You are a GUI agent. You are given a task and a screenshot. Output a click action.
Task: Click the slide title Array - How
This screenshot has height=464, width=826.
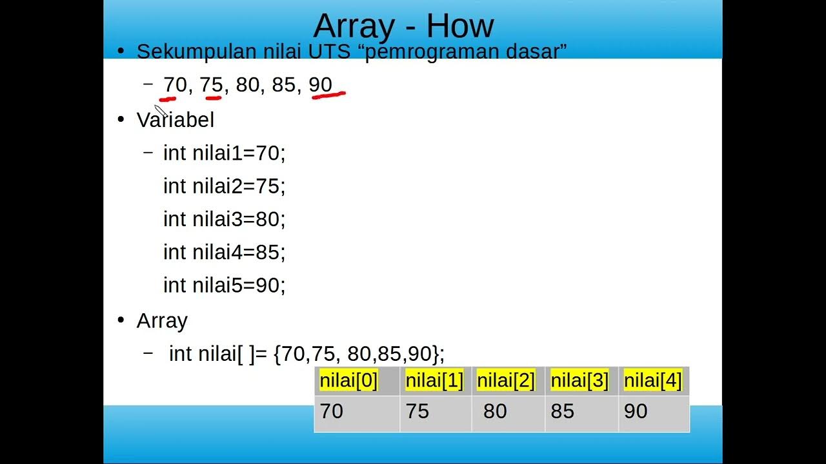click(403, 26)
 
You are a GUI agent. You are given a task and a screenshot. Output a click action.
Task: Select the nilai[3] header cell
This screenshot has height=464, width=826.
click(579, 381)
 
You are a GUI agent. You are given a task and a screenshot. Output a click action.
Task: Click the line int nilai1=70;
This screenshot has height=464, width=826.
click(224, 153)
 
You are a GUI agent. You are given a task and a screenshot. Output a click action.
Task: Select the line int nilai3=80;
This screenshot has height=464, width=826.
click(224, 219)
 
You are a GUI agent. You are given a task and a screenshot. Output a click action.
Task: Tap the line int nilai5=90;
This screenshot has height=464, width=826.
click(224, 285)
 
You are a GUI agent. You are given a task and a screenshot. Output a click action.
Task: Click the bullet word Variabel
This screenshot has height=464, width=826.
click(176, 120)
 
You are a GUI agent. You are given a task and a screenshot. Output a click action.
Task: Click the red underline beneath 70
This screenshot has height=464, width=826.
click(168, 99)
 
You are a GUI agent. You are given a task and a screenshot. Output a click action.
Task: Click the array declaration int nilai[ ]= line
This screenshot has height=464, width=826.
click(307, 353)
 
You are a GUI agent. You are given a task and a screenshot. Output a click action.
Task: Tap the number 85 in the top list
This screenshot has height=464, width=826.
click(283, 84)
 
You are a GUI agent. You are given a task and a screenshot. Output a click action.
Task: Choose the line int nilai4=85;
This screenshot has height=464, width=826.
click(224, 252)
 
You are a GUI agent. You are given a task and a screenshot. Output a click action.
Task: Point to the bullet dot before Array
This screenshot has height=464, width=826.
click(120, 320)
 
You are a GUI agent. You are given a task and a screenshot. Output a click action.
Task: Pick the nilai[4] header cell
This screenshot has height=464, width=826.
click(652, 381)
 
